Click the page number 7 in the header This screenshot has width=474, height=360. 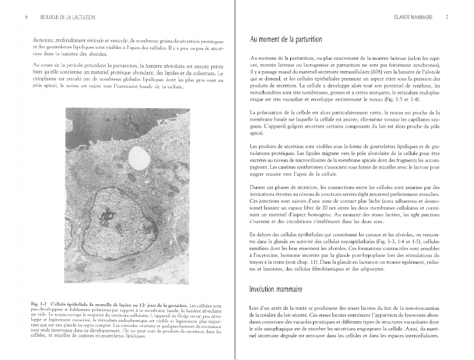447,18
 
